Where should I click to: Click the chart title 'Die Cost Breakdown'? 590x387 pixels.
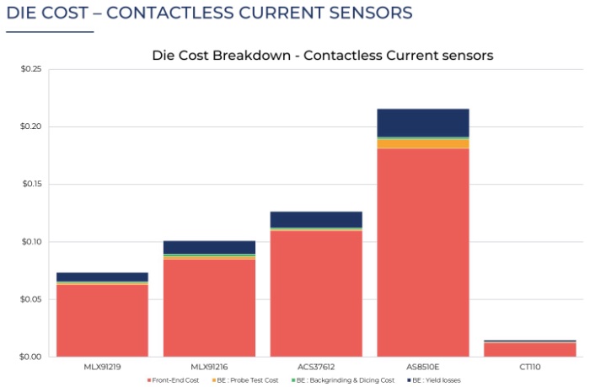(x=322, y=56)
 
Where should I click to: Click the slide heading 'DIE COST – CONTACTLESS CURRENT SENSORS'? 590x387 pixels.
(x=209, y=13)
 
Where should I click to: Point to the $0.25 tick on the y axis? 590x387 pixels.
(x=30, y=69)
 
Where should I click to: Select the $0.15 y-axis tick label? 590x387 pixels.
(x=30, y=184)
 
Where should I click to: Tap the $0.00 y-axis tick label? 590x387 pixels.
(x=30, y=357)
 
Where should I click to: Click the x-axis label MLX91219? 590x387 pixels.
(x=102, y=367)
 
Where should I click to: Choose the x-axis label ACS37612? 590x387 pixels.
(x=316, y=367)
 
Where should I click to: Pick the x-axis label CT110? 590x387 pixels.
(x=529, y=367)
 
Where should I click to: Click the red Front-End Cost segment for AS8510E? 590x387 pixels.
(x=422, y=253)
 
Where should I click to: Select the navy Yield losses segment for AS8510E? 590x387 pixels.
(x=422, y=122)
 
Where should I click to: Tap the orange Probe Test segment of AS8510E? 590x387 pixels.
(x=422, y=143)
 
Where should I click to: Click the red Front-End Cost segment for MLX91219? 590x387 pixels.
(x=102, y=320)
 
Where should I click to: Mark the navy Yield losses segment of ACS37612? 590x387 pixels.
(x=316, y=219)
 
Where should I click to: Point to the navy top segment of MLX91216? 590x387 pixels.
(x=209, y=247)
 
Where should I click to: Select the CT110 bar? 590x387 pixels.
(x=529, y=349)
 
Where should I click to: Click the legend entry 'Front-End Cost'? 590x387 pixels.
(x=176, y=380)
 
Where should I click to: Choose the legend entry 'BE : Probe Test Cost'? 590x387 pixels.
(x=246, y=380)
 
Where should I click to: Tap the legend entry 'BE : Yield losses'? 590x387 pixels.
(x=433, y=380)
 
